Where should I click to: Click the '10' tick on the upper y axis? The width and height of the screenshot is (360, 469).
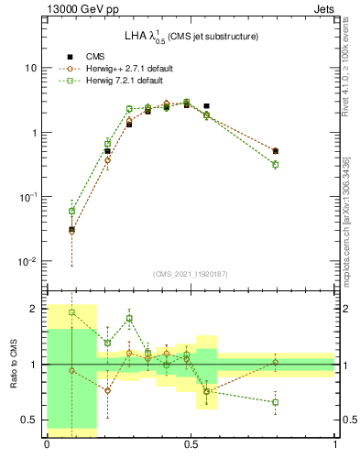pos(31,69)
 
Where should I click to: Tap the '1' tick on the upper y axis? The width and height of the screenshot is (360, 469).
pos(34,133)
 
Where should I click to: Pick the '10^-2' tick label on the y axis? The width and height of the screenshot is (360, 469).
pos(28,261)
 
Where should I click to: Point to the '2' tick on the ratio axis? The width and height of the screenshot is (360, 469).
pos(34,309)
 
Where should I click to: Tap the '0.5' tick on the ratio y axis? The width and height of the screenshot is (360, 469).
pos(30,420)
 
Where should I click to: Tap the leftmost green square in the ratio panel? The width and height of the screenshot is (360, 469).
pos(71,312)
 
